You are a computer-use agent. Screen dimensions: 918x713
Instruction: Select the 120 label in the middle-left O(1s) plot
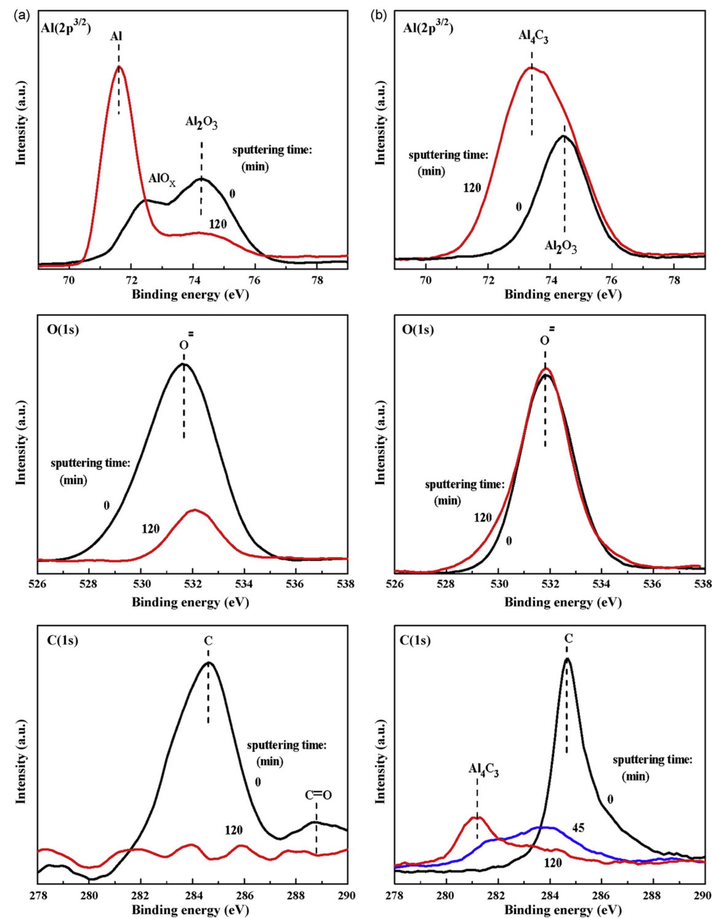(150, 529)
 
